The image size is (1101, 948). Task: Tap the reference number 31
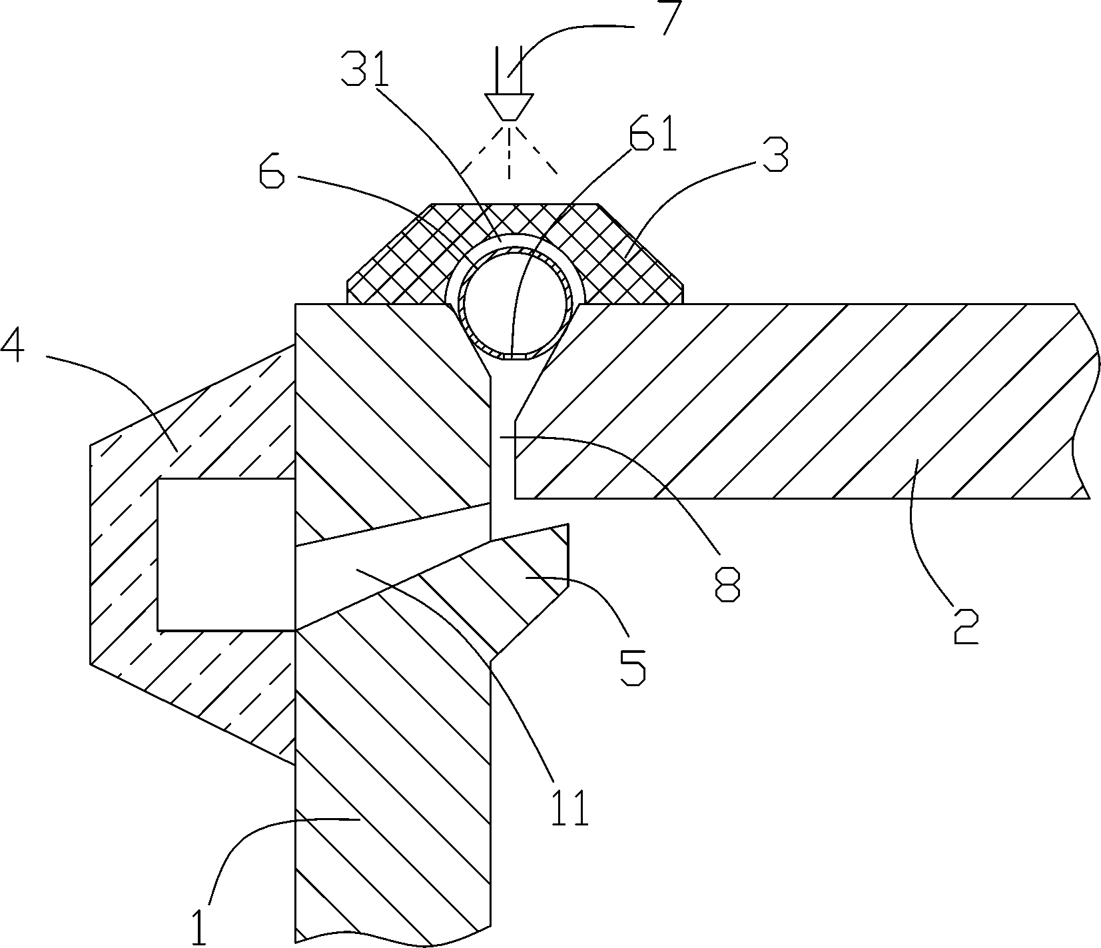tap(364, 67)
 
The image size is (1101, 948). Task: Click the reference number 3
tap(774, 155)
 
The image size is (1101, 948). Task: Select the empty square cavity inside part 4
tap(225, 554)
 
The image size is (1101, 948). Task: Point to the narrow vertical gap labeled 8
tap(502, 453)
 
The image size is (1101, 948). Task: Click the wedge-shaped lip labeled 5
tap(533, 573)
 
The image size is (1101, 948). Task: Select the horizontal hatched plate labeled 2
tap(799, 400)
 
